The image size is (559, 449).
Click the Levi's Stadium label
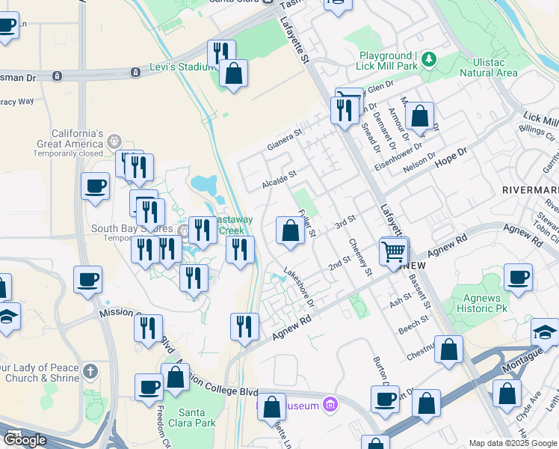(x=182, y=67)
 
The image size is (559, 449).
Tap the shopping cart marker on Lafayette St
(x=394, y=251)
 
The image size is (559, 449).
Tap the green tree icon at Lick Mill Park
(x=428, y=58)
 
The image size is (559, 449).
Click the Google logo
(x=25, y=440)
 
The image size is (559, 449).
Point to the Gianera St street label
(x=285, y=139)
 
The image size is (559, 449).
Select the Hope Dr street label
(x=450, y=157)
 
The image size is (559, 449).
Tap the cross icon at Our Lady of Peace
(x=90, y=371)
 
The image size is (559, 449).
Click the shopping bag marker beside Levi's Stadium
(x=234, y=75)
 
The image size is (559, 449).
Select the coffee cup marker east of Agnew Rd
(x=518, y=278)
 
